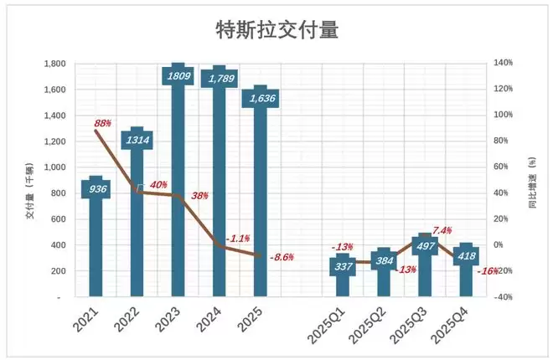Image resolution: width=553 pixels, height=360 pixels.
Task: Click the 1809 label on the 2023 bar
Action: (178, 76)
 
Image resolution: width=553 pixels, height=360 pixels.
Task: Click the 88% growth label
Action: (103, 124)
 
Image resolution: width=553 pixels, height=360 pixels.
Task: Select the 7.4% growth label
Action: (442, 230)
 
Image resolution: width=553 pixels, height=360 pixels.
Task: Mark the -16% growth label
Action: (487, 270)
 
